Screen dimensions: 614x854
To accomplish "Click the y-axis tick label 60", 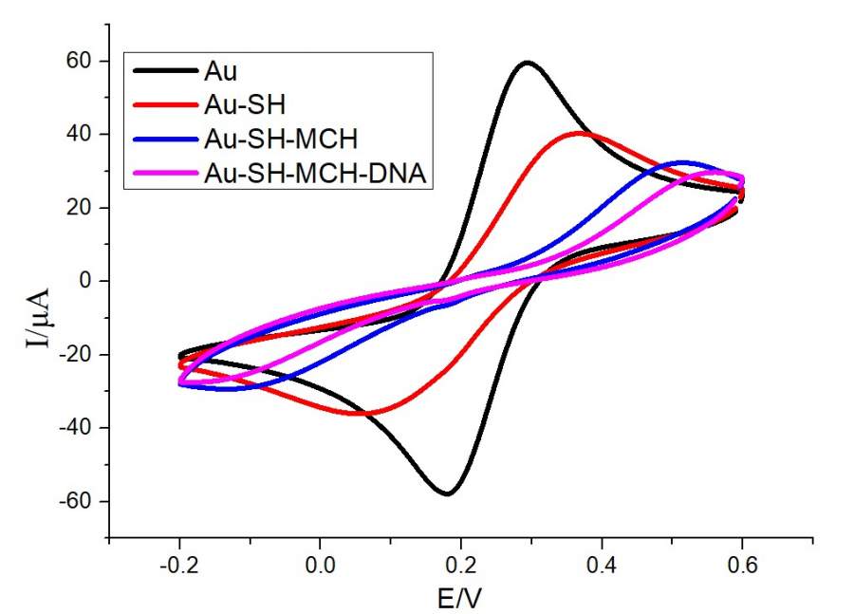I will coord(80,61).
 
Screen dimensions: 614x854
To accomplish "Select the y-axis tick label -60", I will coord(76,501).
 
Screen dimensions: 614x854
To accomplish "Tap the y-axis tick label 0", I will coord(86,281).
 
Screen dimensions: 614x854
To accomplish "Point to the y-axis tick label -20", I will coord(76,355).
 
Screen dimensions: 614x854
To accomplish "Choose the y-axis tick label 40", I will coord(80,135).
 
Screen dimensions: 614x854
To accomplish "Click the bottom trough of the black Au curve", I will coord(446,493).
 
